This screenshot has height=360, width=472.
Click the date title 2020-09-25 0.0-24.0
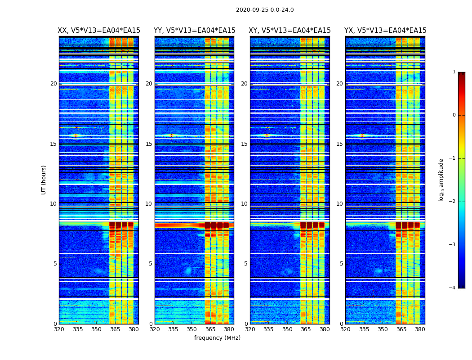[x=265, y=10]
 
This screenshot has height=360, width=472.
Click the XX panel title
[x=99, y=31]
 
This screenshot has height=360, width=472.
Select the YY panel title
[x=194, y=31]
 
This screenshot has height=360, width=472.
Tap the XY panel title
[x=290, y=31]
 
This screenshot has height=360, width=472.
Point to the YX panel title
[x=385, y=31]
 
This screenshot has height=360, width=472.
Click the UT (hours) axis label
[x=44, y=180]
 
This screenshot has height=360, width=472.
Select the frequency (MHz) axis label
[x=217, y=338]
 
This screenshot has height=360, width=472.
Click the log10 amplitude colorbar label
[x=441, y=180]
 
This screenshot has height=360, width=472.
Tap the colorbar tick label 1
[x=454, y=72]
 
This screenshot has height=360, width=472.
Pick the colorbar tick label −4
[x=453, y=288]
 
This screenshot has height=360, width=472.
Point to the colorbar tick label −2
[x=453, y=202]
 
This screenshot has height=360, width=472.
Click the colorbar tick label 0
[x=454, y=115]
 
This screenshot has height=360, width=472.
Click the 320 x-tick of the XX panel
[x=59, y=329]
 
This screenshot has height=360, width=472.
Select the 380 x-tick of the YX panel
[x=420, y=329]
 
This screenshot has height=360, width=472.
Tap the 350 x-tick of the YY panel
[x=192, y=329]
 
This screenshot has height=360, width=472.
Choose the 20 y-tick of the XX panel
[x=53, y=84]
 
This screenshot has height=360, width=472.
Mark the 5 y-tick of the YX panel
[x=342, y=264]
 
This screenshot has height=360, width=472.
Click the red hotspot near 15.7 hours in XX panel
[x=76, y=135]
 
